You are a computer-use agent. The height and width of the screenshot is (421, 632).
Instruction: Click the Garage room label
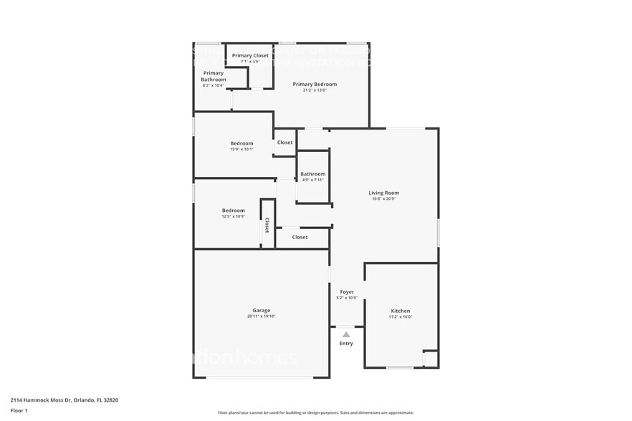point(261,310)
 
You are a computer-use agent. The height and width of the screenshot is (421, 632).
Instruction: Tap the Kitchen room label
point(401,311)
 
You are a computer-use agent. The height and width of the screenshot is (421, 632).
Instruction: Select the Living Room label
point(384,193)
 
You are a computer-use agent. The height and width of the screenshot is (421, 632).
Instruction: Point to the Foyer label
point(347,292)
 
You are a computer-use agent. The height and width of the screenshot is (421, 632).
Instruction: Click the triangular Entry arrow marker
point(346,334)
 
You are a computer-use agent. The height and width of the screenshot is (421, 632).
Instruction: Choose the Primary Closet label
point(250,55)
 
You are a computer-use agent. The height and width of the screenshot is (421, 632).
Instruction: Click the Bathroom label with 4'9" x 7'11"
point(312,174)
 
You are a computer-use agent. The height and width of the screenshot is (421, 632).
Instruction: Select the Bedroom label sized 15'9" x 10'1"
point(241,143)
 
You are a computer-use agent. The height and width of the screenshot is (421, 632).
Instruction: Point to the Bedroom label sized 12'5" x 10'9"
point(233,210)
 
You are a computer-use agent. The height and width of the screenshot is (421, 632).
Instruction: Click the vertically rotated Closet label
point(267,226)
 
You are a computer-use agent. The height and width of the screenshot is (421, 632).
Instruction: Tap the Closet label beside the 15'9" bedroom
point(284,142)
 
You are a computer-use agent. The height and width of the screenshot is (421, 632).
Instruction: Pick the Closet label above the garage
point(300,237)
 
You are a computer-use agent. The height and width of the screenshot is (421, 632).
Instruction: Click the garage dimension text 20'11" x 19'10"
point(261,316)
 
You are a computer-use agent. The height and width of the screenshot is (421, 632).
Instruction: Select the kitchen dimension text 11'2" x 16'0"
point(401,317)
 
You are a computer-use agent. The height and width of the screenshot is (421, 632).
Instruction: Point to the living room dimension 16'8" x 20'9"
point(384,199)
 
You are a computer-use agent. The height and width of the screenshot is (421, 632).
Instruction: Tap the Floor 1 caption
point(19,410)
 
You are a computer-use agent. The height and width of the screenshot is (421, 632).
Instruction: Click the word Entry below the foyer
point(346,344)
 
